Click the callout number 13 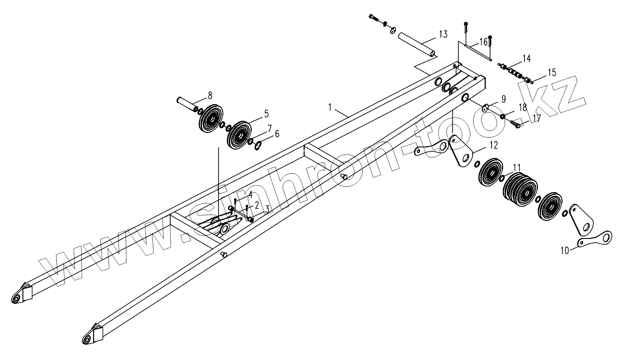tap(443, 34)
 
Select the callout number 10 tap(564, 250)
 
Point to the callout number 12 tap(493, 145)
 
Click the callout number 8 tap(210, 95)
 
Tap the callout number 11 tap(517, 167)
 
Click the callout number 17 tap(536, 118)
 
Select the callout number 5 tap(266, 114)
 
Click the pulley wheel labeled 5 tap(240, 136)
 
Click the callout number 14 tap(526, 59)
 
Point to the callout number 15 tap(552, 72)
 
